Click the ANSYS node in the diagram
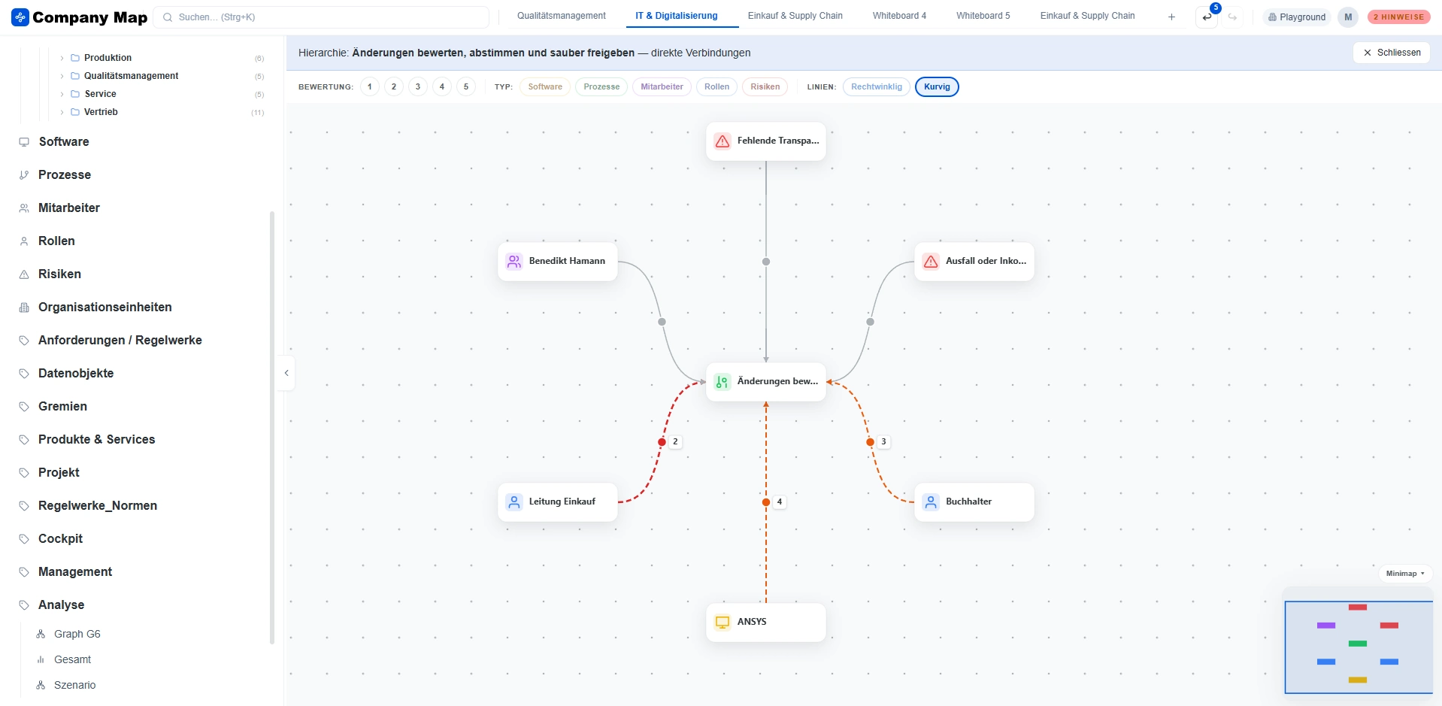(765, 622)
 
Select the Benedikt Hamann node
(557, 261)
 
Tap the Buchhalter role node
(974, 501)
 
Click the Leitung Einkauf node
(557, 501)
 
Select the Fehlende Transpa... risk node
(765, 141)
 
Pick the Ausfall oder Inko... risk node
(974, 261)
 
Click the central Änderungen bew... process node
(765, 381)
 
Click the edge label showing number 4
(780, 501)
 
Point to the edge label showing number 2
(675, 441)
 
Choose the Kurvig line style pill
(937, 86)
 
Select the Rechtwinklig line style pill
(877, 86)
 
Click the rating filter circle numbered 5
(466, 86)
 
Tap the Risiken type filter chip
(765, 86)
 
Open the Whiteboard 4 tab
(899, 16)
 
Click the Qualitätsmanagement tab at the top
(562, 16)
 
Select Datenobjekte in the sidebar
(76, 373)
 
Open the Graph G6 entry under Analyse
(77, 634)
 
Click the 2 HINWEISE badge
(1398, 17)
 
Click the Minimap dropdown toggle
(1405, 573)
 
